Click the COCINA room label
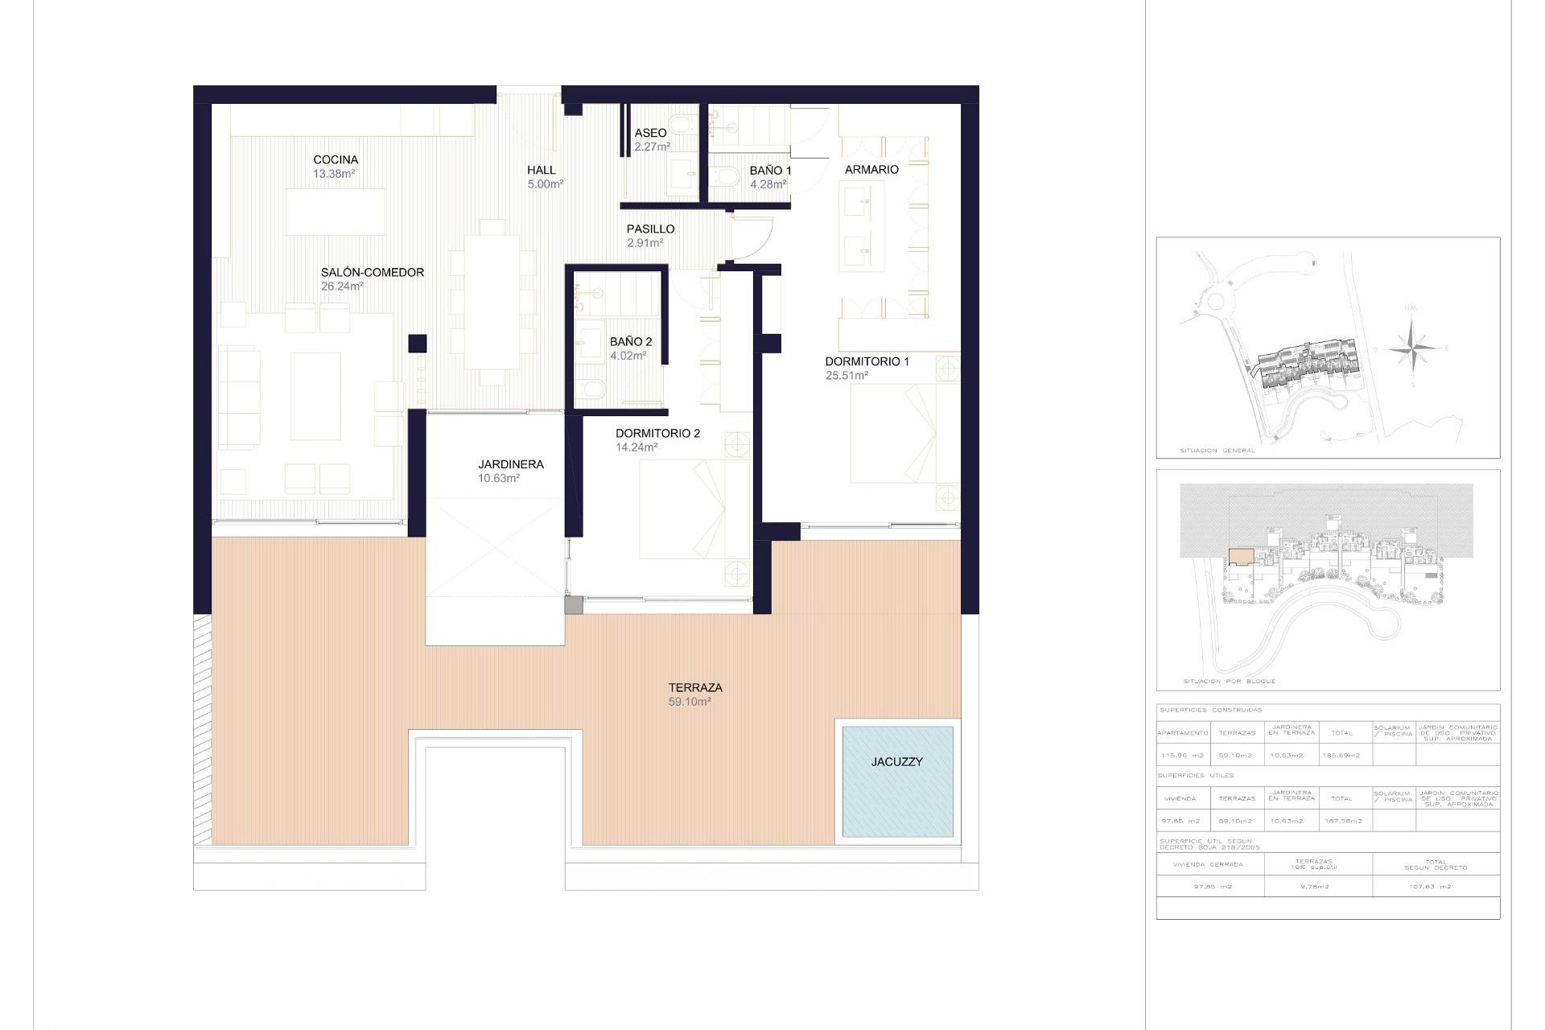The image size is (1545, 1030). pos(336,160)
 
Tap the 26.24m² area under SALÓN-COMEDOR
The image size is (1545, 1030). pos(342,286)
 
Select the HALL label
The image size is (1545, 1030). pos(542,170)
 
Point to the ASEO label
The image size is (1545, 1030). pos(650,133)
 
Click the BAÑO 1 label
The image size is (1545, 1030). pos(770,171)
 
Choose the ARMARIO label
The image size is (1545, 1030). pos(871,170)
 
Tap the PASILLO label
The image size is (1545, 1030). pos(650,229)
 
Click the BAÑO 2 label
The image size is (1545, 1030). pos(631,342)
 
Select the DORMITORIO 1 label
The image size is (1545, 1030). pos(867,362)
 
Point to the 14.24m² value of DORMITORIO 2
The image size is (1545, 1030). pos(637,447)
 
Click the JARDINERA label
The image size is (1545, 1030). pos(511,464)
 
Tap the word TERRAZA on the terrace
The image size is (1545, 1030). pos(695,688)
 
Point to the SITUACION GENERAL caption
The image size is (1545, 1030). pos(1217,451)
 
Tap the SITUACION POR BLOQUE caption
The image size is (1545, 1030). pos(1229,682)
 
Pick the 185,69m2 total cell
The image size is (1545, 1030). pos(1341,756)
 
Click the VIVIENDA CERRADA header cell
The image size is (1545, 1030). pos(1208,864)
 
